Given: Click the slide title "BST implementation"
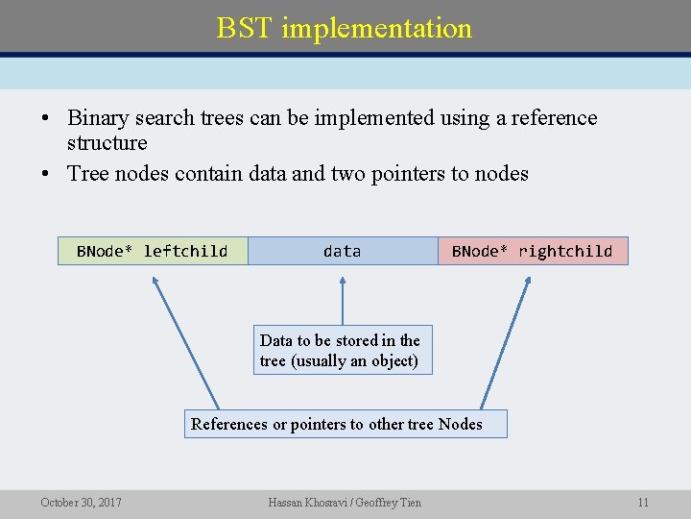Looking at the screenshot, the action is (345, 28).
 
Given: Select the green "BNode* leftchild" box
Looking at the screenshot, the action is (153, 251).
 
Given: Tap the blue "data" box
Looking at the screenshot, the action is (342, 251).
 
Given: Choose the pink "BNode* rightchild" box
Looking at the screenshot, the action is (532, 251).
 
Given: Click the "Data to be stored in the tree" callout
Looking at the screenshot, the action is (342, 350).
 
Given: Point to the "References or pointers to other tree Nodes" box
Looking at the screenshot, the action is (345, 424).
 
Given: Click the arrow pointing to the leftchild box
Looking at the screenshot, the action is (186, 341).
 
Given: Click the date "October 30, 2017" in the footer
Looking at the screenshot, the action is (81, 502).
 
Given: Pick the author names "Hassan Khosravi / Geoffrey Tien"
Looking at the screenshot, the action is (345, 502).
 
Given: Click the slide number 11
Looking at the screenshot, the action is (643, 502).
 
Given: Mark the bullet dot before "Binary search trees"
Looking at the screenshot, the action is (45, 119).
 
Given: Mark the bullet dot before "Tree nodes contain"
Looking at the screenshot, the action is (45, 175).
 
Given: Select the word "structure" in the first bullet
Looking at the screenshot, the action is (107, 143).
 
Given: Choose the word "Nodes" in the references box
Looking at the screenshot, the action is (460, 424).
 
